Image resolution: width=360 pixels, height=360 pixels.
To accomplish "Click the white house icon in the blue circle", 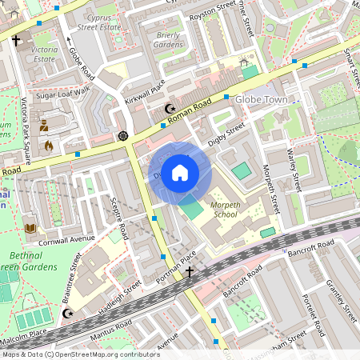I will [x=180, y=172].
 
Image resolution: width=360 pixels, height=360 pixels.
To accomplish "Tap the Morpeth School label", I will [x=224, y=210].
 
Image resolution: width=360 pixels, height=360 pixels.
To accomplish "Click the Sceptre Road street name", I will [x=118, y=218].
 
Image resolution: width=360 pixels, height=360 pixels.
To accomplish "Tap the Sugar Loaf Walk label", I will [x=65, y=95].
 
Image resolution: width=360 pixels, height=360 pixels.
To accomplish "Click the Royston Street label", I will [x=210, y=10].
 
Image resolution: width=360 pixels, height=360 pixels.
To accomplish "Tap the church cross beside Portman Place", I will [x=190, y=274].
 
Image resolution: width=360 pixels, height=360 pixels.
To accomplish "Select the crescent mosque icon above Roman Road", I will [x=169, y=108].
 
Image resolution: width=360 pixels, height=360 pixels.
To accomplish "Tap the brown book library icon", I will [x=30, y=228].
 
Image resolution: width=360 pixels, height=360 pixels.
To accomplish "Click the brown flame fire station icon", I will [x=49, y=146].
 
